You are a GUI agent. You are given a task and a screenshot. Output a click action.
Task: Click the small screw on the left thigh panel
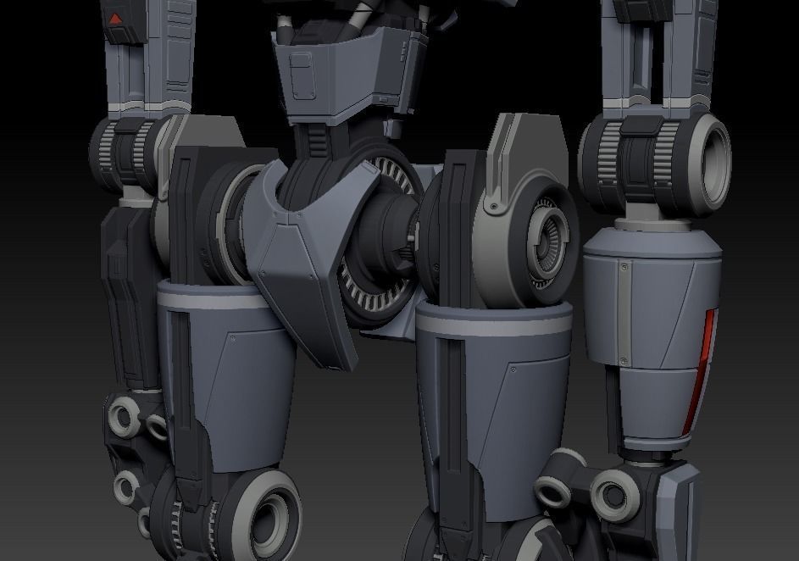(233, 337)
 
